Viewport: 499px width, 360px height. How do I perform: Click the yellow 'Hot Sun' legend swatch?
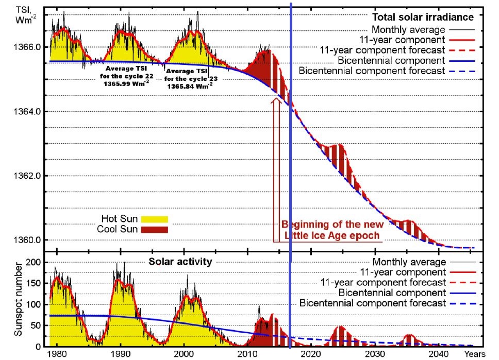coord(153,218)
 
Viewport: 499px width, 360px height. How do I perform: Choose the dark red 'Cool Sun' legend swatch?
coord(153,229)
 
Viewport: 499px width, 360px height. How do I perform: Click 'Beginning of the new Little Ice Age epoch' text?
coord(332,230)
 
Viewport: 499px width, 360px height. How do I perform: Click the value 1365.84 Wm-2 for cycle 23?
coord(190,87)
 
